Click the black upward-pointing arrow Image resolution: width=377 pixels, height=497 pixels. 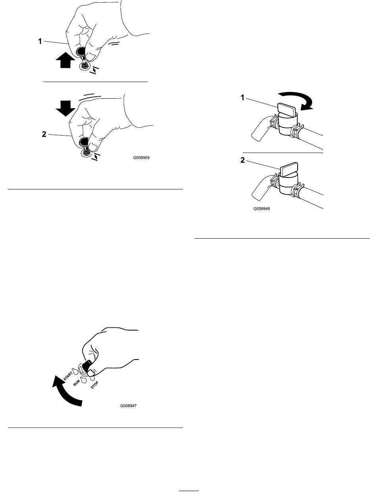pos(65,60)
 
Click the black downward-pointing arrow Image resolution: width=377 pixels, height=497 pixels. pos(65,108)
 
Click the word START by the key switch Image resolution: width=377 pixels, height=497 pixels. pos(68,376)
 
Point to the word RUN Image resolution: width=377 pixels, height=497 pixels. pos(77,383)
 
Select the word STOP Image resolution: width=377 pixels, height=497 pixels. pos(94,385)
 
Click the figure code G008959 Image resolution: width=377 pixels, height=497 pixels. pos(141,158)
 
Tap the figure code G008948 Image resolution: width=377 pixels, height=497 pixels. pos(262,208)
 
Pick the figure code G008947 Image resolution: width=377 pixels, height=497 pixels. pos(128,405)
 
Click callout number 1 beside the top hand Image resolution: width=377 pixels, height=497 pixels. pos(40,42)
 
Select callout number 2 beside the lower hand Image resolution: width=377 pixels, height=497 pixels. pos(44,134)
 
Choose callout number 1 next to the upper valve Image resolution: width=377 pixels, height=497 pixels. pos(242,98)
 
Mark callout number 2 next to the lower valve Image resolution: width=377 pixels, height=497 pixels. pos(242,160)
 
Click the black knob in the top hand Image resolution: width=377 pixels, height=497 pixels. pos(80,52)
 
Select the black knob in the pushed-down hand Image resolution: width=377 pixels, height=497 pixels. pos(83,142)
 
